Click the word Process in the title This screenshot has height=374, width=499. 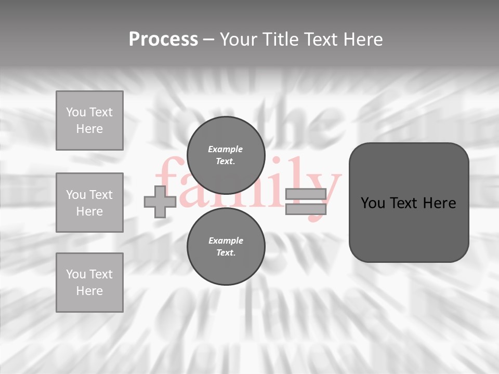(163, 39)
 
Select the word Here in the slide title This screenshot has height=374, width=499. (363, 39)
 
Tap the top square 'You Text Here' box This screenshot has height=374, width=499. (89, 121)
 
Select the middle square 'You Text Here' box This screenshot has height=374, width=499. (89, 203)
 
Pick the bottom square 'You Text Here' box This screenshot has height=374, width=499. (89, 283)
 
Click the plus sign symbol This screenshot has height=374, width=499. (160, 202)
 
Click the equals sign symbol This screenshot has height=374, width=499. (306, 202)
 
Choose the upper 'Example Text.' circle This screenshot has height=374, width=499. (226, 155)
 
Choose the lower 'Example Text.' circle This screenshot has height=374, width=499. (226, 246)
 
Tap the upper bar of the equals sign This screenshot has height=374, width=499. (306, 194)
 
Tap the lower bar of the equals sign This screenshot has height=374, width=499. (306, 209)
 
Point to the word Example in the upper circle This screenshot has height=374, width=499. (225, 149)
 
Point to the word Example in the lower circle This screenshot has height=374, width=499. (226, 241)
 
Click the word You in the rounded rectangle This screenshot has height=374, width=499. (373, 203)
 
